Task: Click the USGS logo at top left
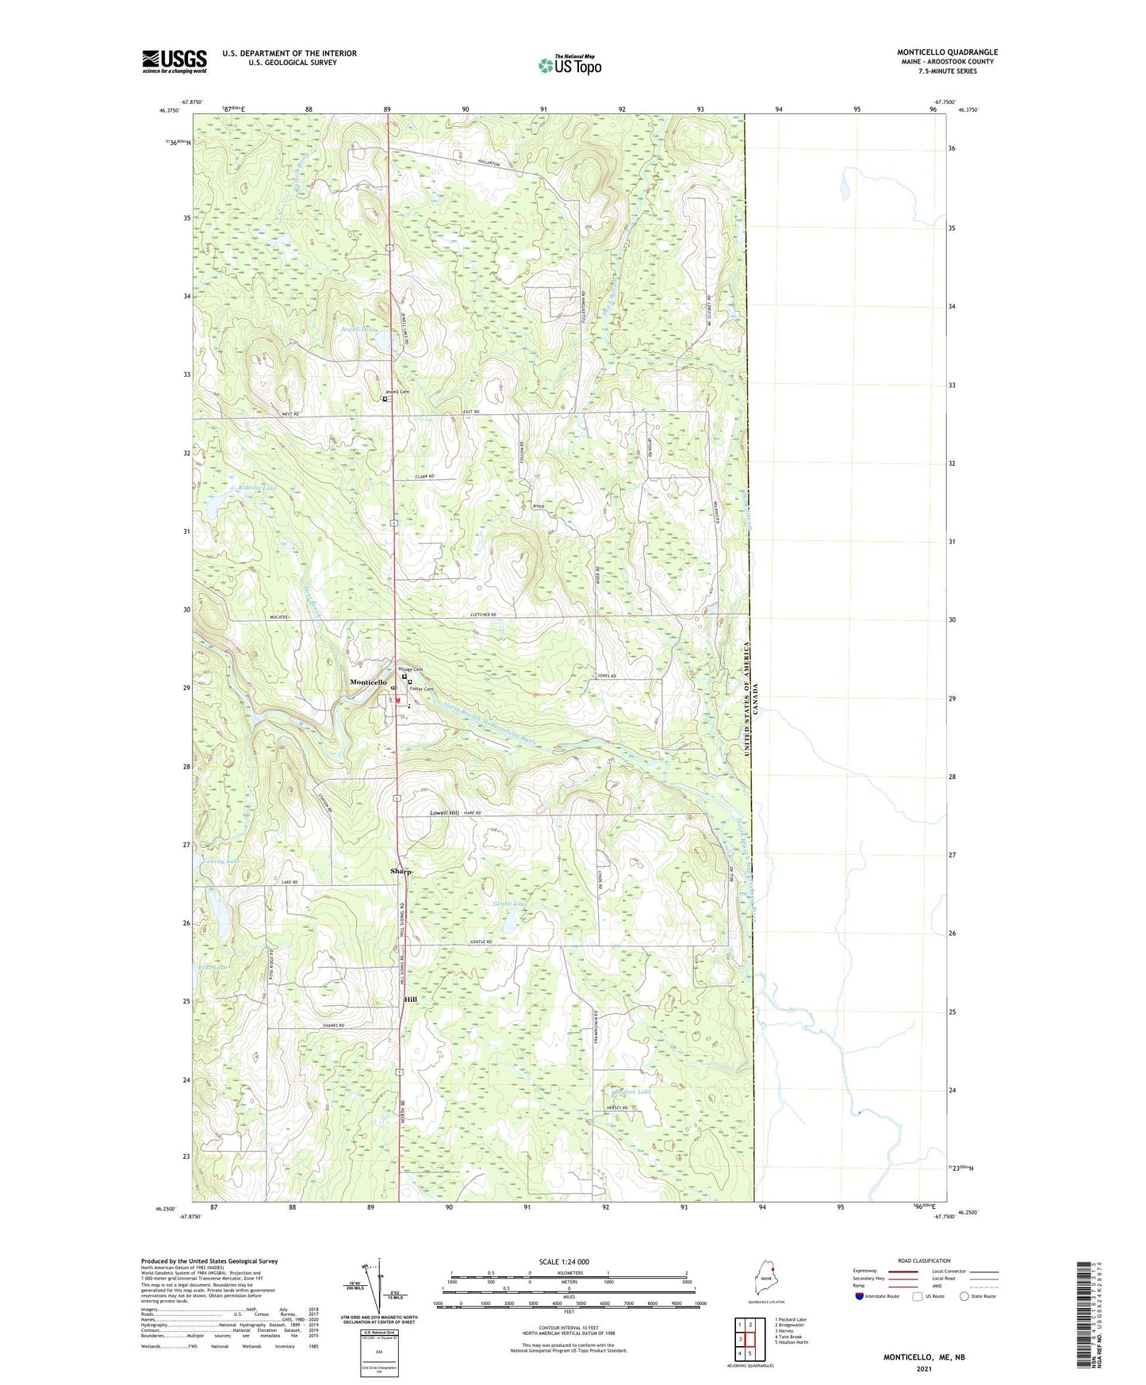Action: [x=174, y=61]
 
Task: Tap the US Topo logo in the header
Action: [x=569, y=65]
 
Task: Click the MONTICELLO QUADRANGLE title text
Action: [x=947, y=52]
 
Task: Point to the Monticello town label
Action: [x=369, y=682]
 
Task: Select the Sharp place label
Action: [x=401, y=871]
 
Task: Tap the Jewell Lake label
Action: [x=358, y=328]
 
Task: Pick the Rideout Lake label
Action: [x=257, y=488]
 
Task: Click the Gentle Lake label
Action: [x=510, y=904]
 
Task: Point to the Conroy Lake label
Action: [x=221, y=861]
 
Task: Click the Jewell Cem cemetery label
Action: [x=397, y=392]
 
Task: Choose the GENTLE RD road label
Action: [x=481, y=942]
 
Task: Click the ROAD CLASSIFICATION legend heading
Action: [x=923, y=1260]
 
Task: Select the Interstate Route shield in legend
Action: [x=860, y=1296]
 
